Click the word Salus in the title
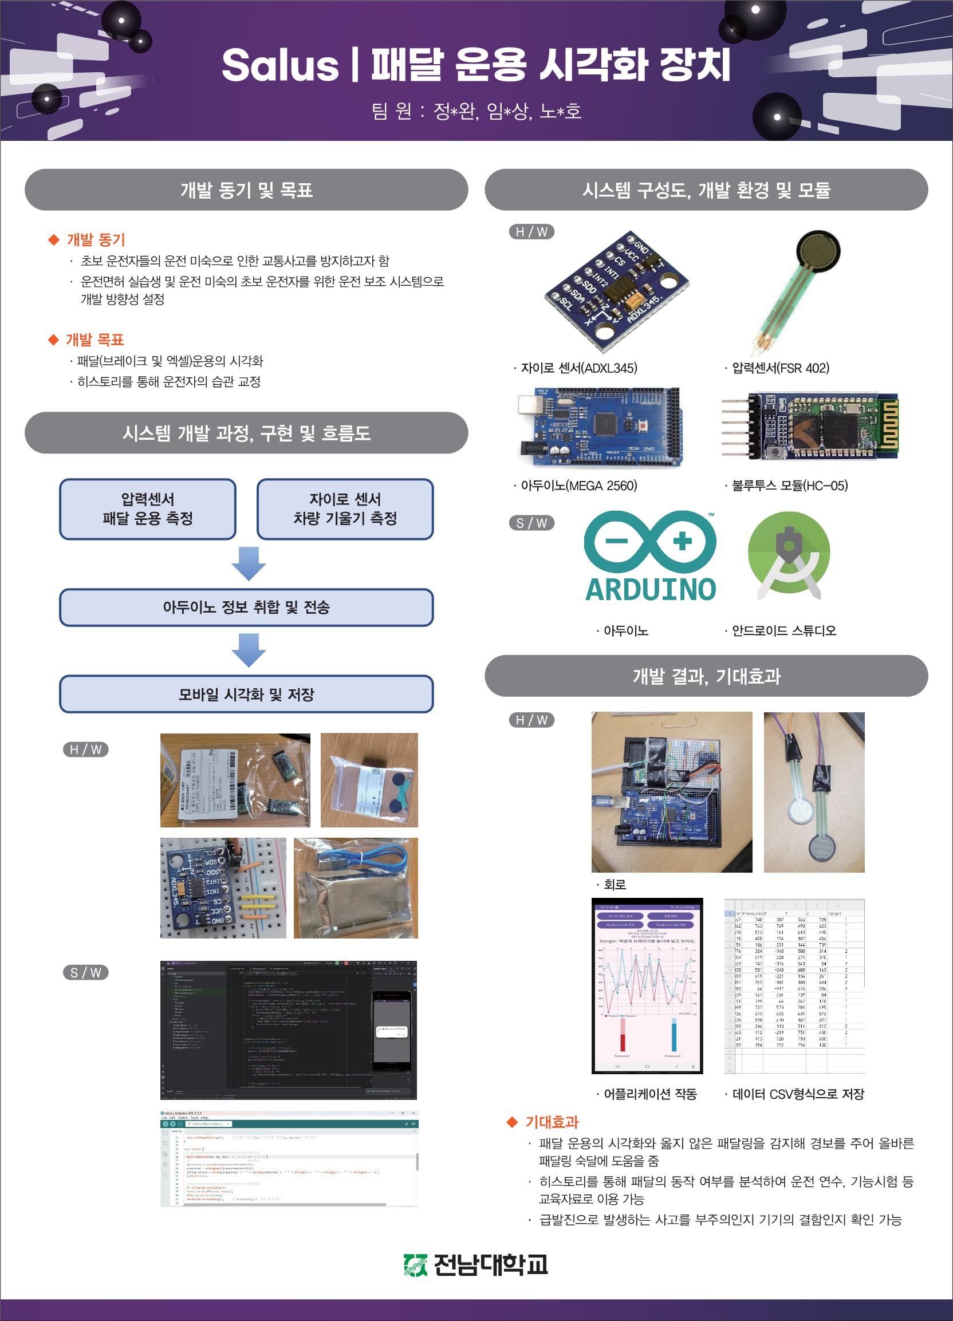click(x=279, y=65)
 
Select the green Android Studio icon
click(x=789, y=554)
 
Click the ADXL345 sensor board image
click(x=616, y=290)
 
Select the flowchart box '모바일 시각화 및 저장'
click(x=246, y=694)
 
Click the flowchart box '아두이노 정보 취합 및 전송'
click(x=246, y=608)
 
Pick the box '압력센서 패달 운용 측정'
click(x=147, y=509)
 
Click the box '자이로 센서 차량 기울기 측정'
click(x=345, y=509)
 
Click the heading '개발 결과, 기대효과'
click(x=706, y=676)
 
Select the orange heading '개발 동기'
click(x=96, y=239)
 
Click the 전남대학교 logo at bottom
click(x=476, y=1265)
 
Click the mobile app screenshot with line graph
click(x=647, y=985)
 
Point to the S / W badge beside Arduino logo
click(x=531, y=522)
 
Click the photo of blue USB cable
click(x=355, y=888)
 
